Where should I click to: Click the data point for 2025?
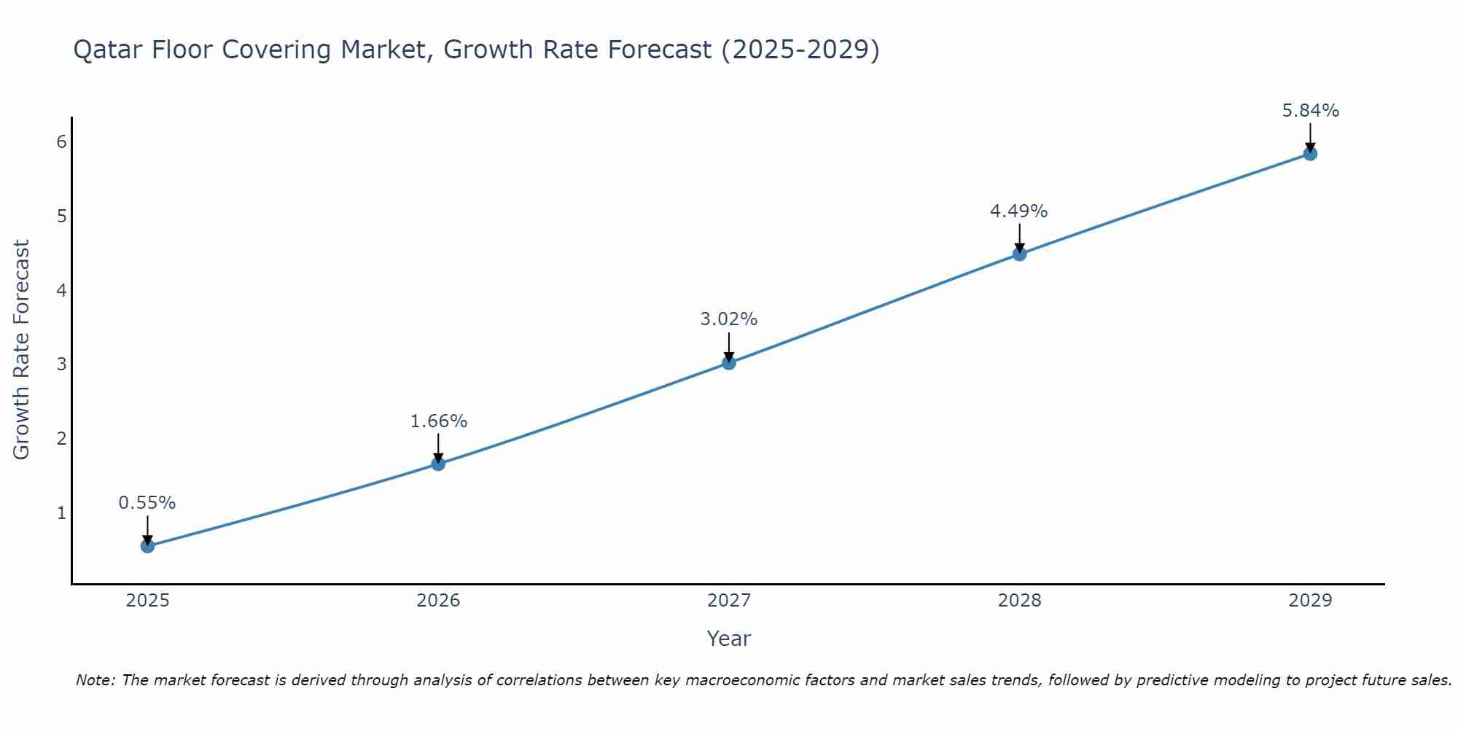[x=147, y=546]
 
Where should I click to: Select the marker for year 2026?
[x=438, y=464]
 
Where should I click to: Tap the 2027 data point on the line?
[x=729, y=362]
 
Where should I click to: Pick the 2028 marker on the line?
[x=1019, y=254]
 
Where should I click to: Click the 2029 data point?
[x=1310, y=154]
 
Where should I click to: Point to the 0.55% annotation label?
[x=147, y=503]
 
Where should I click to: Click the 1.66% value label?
[x=438, y=421]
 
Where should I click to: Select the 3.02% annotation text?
[x=729, y=319]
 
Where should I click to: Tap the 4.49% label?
[x=1018, y=211]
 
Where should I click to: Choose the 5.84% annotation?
[x=1310, y=111]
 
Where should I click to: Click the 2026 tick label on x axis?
[x=438, y=601]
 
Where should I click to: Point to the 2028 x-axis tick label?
[x=1019, y=601]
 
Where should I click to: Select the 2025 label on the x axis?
[x=147, y=601]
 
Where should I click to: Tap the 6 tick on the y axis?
[x=61, y=141]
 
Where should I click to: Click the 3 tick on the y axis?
[x=61, y=364]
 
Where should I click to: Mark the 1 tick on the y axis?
[x=61, y=512]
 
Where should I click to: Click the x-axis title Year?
[x=728, y=639]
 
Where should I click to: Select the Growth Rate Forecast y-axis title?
[x=22, y=350]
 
